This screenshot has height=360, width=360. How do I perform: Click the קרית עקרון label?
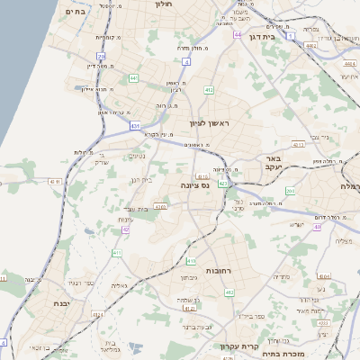(238, 345)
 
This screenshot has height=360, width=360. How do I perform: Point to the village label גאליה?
(117, 285)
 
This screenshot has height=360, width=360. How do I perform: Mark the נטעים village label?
(138, 156)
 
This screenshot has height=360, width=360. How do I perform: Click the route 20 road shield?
(101, 56)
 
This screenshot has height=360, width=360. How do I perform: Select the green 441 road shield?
(133, 78)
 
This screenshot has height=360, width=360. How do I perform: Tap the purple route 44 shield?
(237, 35)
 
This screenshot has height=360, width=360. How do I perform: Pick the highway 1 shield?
(291, 34)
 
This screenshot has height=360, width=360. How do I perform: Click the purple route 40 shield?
(317, 227)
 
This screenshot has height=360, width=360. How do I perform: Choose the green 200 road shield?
(290, 191)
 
